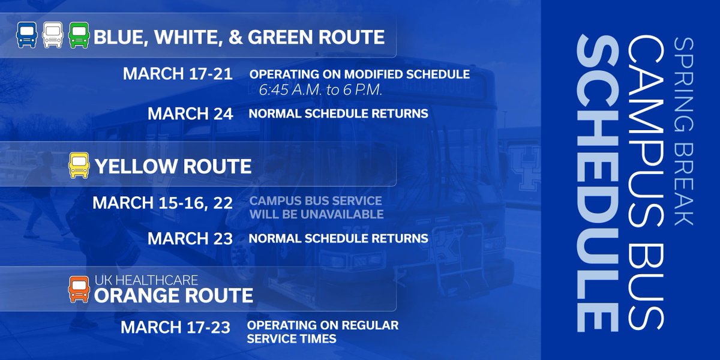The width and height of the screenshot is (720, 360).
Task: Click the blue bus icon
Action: click(26, 35)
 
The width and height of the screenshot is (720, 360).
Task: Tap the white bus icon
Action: click(53, 35)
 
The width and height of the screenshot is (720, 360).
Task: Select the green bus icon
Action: click(79, 35)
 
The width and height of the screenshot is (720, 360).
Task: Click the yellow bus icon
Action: click(79, 165)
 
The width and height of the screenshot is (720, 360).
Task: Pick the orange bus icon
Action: click(79, 290)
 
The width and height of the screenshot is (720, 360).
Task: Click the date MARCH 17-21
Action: click(178, 74)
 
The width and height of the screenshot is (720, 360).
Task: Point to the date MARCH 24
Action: click(190, 113)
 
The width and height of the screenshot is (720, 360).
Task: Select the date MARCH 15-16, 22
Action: click(163, 203)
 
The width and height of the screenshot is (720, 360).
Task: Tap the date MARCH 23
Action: click(190, 238)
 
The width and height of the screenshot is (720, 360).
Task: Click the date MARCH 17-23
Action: click(176, 328)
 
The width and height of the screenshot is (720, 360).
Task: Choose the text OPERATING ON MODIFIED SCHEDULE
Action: click(359, 75)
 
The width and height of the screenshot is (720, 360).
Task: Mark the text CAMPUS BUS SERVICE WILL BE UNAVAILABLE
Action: click(316, 207)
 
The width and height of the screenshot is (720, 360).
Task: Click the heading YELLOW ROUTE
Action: click(173, 166)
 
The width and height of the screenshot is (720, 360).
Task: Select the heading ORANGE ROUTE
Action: click(173, 296)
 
